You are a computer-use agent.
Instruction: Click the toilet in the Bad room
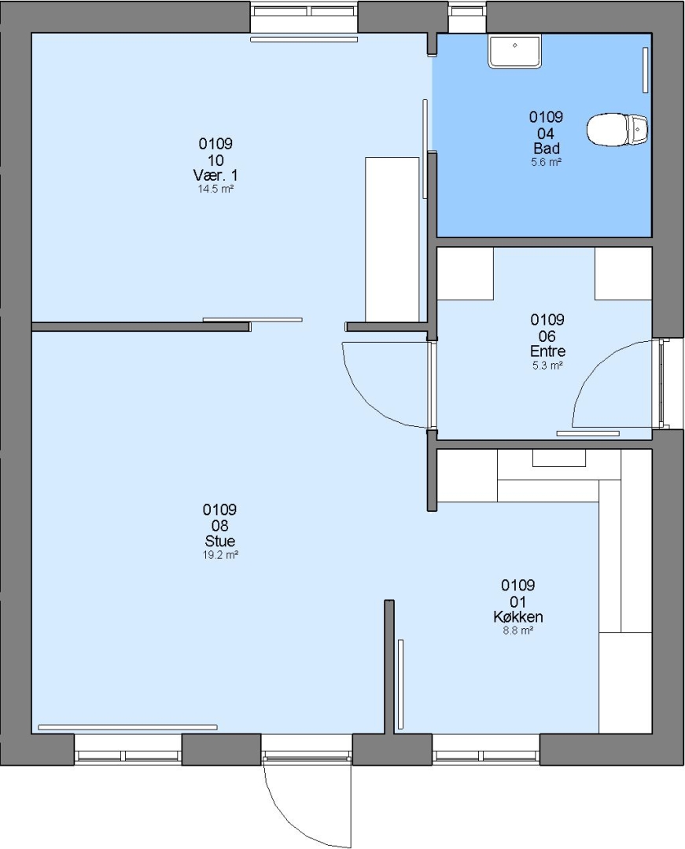click(617, 130)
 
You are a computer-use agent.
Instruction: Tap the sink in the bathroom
click(514, 51)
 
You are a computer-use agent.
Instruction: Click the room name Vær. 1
click(215, 175)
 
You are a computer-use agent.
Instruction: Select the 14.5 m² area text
click(215, 189)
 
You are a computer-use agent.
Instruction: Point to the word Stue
click(220, 541)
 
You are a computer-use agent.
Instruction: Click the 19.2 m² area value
click(220, 555)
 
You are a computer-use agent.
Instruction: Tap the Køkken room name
click(518, 617)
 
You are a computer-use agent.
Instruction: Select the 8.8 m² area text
click(518, 630)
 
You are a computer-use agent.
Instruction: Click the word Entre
click(548, 351)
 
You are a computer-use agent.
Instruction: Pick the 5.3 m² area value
click(547, 366)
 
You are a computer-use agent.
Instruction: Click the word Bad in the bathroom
click(547, 148)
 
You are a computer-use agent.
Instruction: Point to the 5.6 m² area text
click(547, 162)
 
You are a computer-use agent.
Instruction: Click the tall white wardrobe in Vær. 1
click(392, 239)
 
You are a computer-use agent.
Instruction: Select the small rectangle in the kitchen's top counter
click(559, 458)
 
